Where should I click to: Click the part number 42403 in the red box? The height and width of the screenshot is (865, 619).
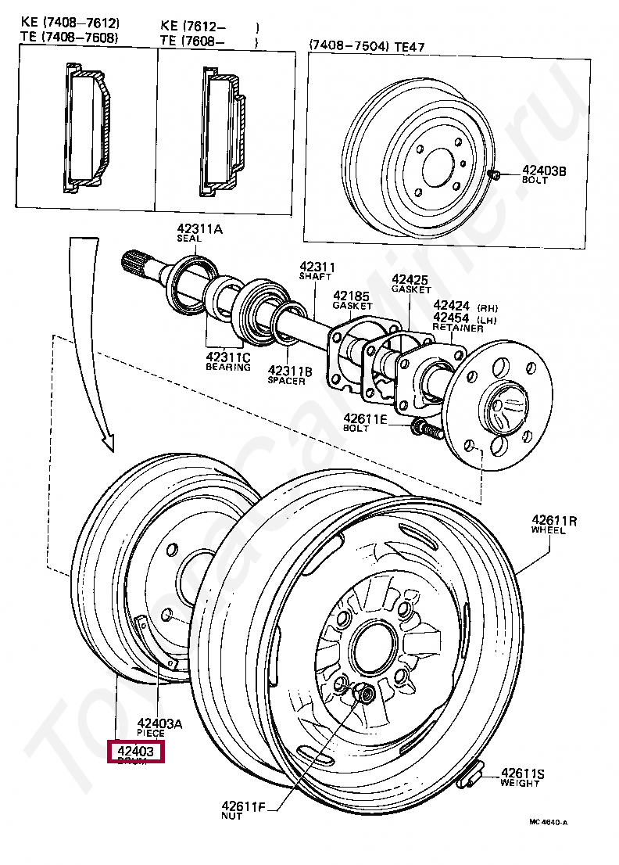(136, 752)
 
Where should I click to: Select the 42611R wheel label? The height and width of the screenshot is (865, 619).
(554, 520)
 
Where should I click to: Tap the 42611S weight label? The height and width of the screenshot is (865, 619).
(522, 774)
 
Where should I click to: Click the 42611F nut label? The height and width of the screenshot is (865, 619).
(243, 806)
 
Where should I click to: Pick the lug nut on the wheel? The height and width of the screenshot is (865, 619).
(363, 693)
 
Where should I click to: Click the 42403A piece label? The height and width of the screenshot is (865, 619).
(159, 724)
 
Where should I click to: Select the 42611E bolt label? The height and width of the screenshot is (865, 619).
(365, 420)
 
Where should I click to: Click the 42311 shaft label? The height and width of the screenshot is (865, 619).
(317, 267)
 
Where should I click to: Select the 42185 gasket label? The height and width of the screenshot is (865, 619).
(352, 296)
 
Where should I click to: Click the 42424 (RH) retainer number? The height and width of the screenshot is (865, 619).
(451, 306)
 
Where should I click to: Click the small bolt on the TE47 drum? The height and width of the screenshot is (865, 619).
(494, 174)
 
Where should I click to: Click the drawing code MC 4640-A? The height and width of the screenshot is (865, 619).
(548, 822)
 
